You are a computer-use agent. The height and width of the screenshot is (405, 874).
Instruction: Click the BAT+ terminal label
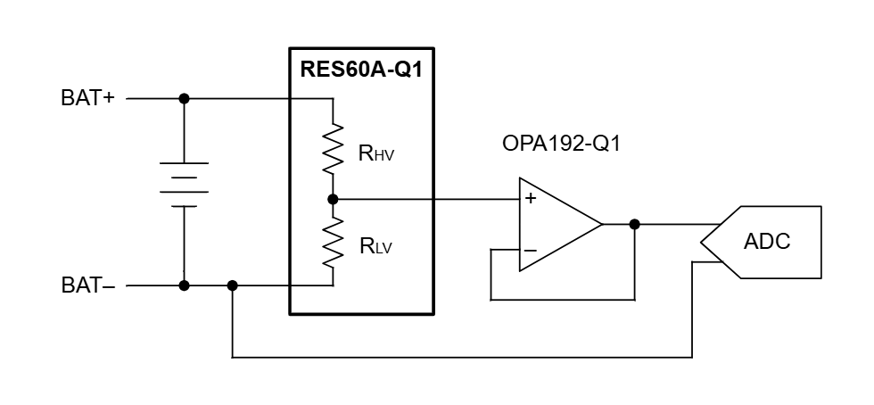(x=87, y=98)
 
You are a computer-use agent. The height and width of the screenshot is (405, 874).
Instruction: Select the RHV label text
(x=375, y=153)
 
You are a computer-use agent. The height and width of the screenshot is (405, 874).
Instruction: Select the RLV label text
(x=375, y=247)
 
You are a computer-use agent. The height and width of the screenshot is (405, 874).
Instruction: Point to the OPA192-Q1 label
(x=561, y=144)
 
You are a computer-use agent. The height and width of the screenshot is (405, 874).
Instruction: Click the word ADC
(x=767, y=242)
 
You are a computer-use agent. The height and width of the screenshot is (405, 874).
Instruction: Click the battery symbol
(x=184, y=185)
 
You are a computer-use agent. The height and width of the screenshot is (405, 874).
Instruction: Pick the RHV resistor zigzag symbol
(x=333, y=148)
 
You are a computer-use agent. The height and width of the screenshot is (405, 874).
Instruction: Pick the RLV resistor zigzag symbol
(x=333, y=243)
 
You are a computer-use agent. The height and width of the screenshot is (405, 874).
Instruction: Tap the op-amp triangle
(x=557, y=224)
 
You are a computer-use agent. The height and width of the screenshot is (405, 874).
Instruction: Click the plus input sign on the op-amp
(x=530, y=199)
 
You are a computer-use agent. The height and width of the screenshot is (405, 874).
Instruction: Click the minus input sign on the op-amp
(x=530, y=251)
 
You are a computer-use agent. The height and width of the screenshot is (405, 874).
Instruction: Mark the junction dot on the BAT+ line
(x=184, y=98)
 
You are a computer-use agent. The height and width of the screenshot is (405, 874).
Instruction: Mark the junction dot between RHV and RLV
(x=333, y=199)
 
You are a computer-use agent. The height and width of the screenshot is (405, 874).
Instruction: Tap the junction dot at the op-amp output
(x=634, y=224)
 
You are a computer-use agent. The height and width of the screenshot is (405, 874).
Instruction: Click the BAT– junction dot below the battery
(x=184, y=285)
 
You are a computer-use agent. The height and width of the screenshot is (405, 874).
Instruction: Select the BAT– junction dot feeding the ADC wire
(x=232, y=285)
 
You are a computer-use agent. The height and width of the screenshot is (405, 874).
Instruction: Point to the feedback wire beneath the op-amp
(x=562, y=300)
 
